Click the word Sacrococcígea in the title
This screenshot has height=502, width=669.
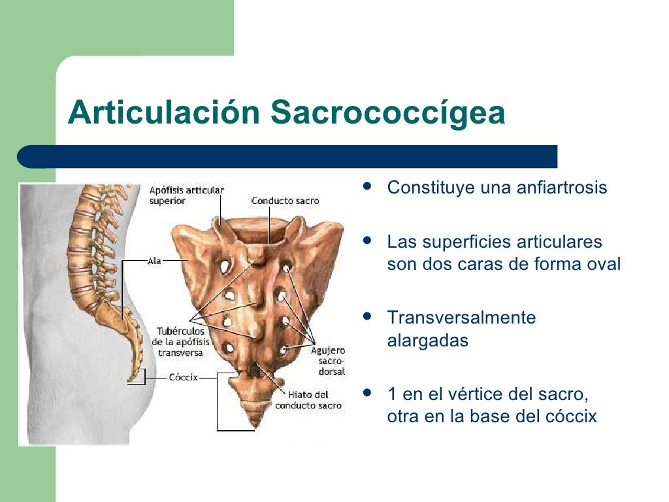tap(388, 113)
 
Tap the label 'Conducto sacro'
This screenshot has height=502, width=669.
tap(285, 201)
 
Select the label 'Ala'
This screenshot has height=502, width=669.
tap(155, 259)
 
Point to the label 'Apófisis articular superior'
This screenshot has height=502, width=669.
tap(186, 195)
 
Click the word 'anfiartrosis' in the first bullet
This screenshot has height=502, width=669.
tap(563, 188)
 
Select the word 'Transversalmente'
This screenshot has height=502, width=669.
tap(461, 318)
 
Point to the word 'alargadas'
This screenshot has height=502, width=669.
tap(428, 341)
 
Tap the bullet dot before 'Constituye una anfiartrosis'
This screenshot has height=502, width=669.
tap(367, 186)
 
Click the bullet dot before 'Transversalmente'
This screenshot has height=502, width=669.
tap(367, 316)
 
